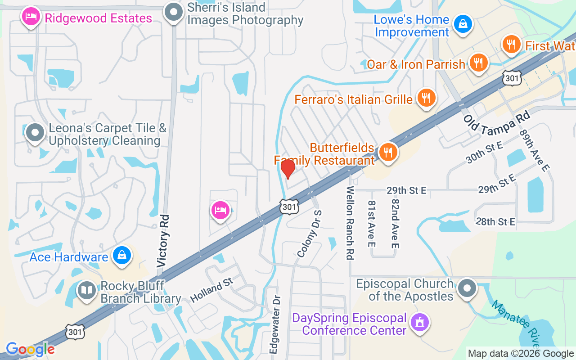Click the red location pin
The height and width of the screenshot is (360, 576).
click(288, 169)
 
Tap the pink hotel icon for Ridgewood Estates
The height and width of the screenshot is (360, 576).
click(30, 17)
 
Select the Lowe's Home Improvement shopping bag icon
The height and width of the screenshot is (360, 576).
click(463, 24)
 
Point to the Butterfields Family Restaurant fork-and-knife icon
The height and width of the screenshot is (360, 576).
click(387, 152)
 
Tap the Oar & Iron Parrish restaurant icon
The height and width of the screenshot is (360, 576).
click(478, 63)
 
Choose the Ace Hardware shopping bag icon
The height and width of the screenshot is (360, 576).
click(121, 256)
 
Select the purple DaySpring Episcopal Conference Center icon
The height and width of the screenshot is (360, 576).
click(419, 322)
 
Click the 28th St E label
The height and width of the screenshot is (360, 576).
click(495, 221)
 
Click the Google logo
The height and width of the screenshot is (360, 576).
click(30, 349)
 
